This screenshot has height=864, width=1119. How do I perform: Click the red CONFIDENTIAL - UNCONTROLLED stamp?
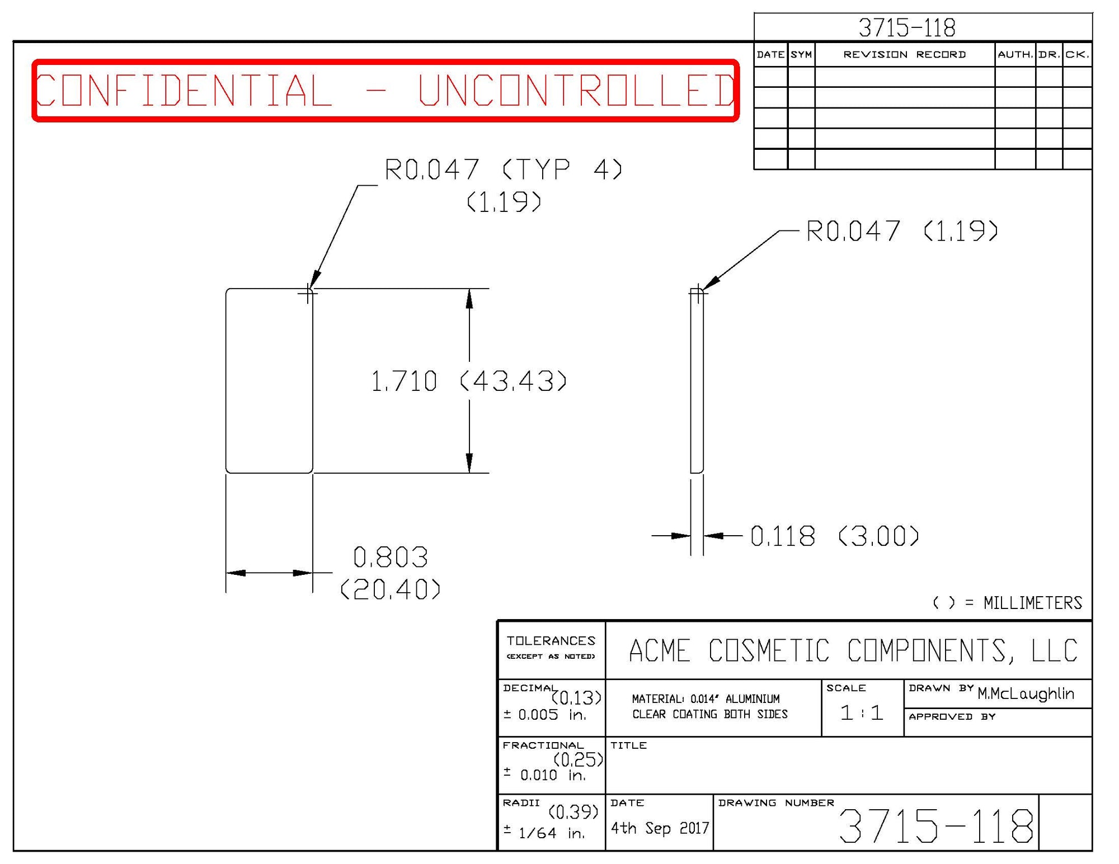tap(385, 90)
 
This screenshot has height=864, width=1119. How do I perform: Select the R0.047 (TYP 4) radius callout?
tap(503, 169)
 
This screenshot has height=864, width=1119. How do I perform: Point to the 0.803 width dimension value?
tap(391, 558)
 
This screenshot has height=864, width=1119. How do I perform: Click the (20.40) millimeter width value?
tap(391, 589)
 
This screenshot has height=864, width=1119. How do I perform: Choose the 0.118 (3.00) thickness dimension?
tap(834, 536)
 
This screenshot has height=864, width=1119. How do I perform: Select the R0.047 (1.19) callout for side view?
tap(901, 231)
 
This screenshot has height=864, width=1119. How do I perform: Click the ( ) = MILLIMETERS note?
tap(1007, 603)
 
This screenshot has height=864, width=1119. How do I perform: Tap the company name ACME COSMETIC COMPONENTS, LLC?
tap(853, 651)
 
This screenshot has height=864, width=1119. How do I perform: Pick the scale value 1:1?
tap(862, 713)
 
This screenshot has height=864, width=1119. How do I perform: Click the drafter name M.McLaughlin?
tap(1026, 694)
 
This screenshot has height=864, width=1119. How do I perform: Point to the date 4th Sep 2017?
tap(660, 828)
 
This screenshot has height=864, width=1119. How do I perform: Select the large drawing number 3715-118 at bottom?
tap(935, 826)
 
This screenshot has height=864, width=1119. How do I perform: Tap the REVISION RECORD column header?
tap(904, 55)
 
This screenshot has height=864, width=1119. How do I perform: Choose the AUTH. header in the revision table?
tap(1015, 55)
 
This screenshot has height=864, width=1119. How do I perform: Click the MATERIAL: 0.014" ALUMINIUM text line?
tap(706, 699)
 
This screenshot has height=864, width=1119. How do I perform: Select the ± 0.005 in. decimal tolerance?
tap(544, 715)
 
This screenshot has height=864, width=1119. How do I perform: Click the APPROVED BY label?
tap(952, 717)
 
